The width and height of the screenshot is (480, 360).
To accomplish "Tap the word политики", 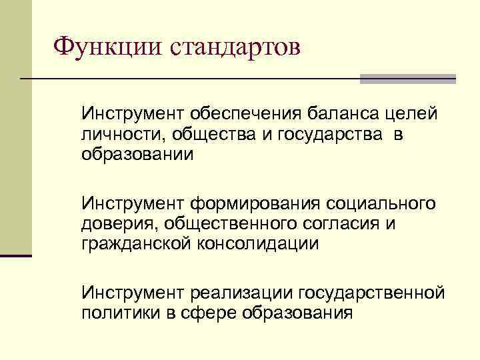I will (x=119, y=313).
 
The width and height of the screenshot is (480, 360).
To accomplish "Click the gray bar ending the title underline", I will (x=407, y=79).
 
